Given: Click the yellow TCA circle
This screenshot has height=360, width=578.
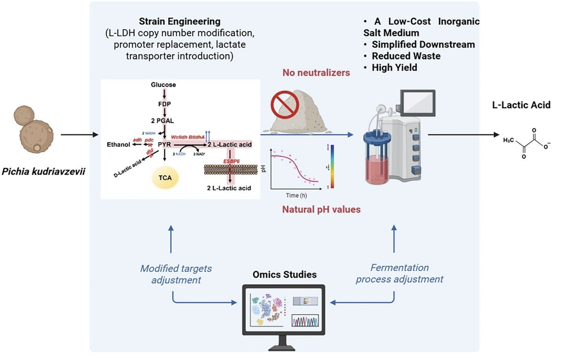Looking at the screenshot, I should pyautogui.click(x=165, y=178).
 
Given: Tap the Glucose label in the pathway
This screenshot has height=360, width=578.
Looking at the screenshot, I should pyautogui.click(x=163, y=85).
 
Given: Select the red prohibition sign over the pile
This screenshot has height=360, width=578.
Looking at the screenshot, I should pyautogui.click(x=285, y=104).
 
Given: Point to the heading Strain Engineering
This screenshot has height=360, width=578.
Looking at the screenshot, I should pyautogui.click(x=180, y=21).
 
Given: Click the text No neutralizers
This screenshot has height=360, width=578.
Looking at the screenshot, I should pyautogui.click(x=316, y=73).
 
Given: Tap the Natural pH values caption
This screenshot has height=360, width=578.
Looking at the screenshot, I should pyautogui.click(x=321, y=209).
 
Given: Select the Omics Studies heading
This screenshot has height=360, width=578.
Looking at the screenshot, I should pyautogui.click(x=284, y=275).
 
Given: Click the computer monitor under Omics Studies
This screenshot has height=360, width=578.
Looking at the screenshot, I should pyautogui.click(x=284, y=310).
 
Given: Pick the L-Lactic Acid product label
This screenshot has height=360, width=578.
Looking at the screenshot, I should pyautogui.click(x=521, y=105).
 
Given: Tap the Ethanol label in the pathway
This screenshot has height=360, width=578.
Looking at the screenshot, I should pyautogui.click(x=118, y=144).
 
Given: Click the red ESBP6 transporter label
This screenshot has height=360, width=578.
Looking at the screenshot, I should pyautogui.click(x=231, y=161).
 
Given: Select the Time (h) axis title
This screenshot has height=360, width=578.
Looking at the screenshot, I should pyautogui.click(x=296, y=195).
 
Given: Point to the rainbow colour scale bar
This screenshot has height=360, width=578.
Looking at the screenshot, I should pyautogui.click(x=332, y=166).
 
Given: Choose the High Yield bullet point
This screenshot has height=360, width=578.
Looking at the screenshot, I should pyautogui.click(x=394, y=68).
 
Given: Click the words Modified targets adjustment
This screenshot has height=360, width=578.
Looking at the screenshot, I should pyautogui.click(x=176, y=274).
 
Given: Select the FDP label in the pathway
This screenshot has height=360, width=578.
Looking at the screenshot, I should pyautogui.click(x=164, y=104).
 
